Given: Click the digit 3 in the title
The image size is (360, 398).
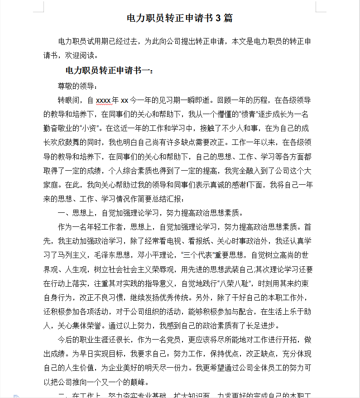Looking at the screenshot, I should (x=218, y=19).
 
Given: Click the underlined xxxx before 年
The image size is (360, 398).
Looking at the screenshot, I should (x=103, y=100).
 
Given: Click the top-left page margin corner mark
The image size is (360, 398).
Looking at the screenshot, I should (x=40, y=7).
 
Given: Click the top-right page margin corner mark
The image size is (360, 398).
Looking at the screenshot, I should (x=320, y=7).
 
